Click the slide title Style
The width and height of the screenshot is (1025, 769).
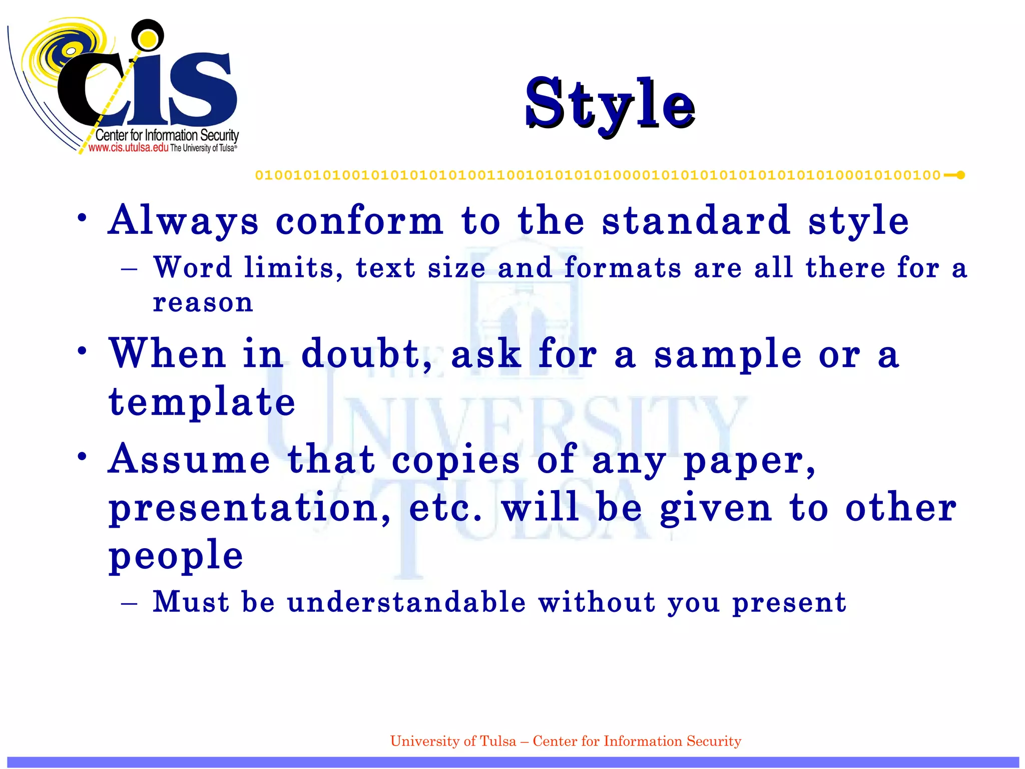[610, 104]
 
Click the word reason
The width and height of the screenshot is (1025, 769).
[203, 302]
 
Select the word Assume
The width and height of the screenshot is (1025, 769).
[189, 459]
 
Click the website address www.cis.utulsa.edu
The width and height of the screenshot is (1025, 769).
[128, 148]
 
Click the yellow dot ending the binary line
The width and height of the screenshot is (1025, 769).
[960, 175]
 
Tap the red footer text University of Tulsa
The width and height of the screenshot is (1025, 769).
[452, 741]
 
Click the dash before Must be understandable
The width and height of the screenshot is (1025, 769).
[129, 603]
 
